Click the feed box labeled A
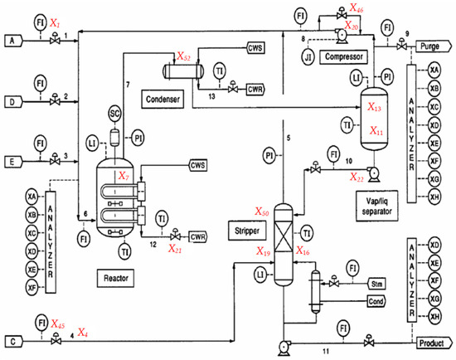pos(12,39)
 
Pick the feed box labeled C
pos(12,339)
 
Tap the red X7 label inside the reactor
pos(124,177)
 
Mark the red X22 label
pos(357,178)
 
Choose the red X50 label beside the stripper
pos(261,212)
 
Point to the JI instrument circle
pos(308,59)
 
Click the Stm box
pos(376,284)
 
